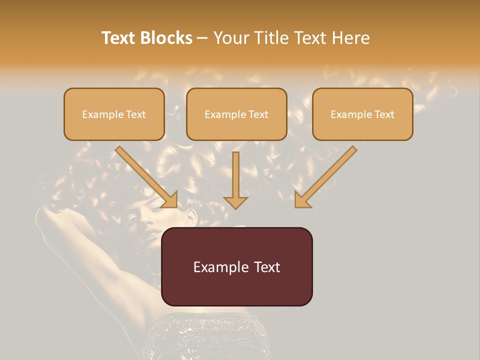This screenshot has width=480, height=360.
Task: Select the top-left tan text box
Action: (114, 114)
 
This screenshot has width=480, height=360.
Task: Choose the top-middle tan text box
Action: (236, 114)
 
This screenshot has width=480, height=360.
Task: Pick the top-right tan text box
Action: (362, 114)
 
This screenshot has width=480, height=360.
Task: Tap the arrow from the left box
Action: (147, 177)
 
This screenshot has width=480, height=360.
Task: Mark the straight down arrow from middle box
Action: (235, 180)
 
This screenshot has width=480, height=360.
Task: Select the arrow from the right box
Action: (325, 177)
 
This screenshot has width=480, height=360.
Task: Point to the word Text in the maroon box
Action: (267, 267)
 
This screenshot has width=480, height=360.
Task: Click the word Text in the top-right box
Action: (384, 114)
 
